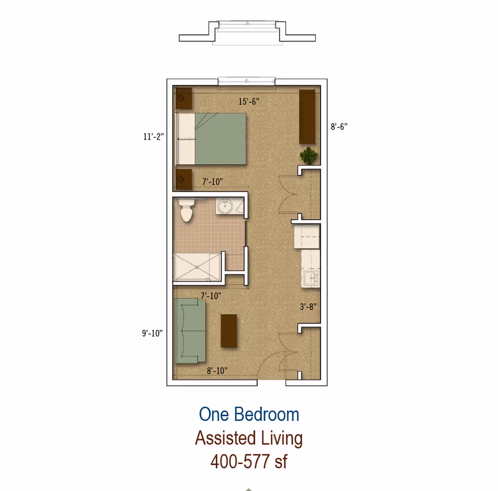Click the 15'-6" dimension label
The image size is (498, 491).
point(249,102)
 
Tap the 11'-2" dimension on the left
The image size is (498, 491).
point(154,137)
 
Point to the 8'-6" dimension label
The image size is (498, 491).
point(339,126)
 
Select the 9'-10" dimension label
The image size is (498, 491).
point(153,333)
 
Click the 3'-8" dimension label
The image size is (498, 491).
point(308,306)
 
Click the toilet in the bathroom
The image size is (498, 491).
point(185,210)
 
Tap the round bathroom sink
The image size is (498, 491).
point(225,207)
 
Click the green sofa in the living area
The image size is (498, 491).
point(191,331)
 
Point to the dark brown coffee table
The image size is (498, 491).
point(229,330)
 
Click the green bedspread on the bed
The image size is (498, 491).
point(219,138)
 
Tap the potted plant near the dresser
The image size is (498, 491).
point(309,155)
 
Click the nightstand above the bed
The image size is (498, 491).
point(184,99)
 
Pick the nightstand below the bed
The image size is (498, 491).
point(183,179)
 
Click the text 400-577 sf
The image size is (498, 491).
point(249,460)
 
